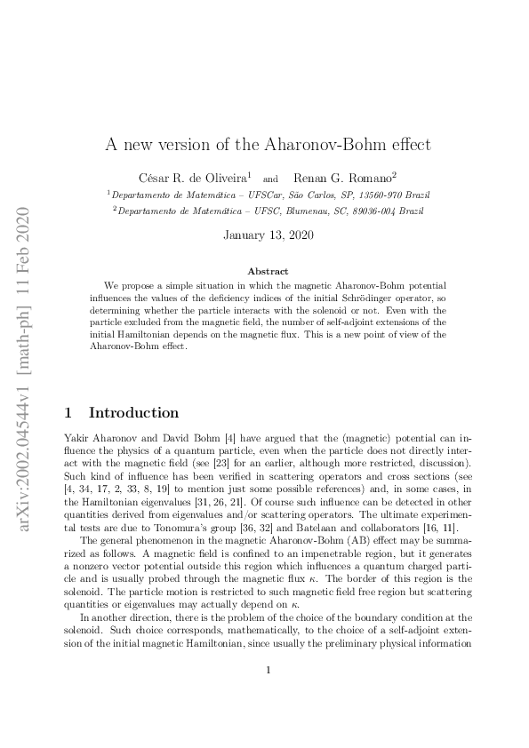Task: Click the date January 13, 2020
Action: [264, 235]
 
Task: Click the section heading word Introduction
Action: [133, 412]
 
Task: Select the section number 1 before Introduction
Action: [70, 412]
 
